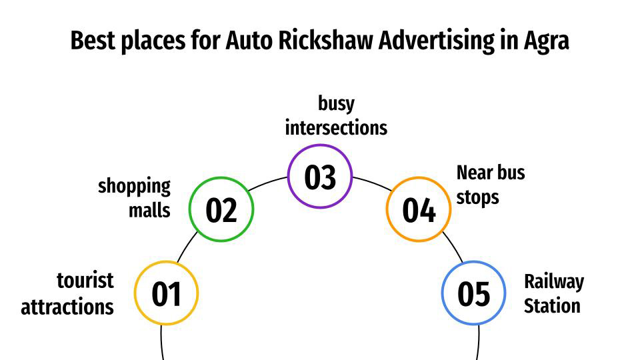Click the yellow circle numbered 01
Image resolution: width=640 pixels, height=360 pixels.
click(x=167, y=293)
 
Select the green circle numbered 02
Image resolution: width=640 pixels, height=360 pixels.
click(x=221, y=209)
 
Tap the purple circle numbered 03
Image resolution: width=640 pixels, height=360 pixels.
click(x=320, y=177)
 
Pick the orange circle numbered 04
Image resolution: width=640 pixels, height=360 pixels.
click(x=419, y=209)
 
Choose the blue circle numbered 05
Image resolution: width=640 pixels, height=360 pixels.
click(x=473, y=293)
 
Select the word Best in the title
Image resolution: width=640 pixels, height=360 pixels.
click(x=93, y=41)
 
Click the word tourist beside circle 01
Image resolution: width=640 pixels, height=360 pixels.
click(x=85, y=281)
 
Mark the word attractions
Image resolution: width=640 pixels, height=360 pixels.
click(x=67, y=306)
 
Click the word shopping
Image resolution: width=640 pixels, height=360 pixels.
click(x=134, y=186)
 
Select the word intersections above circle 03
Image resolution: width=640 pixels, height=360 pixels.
click(x=336, y=127)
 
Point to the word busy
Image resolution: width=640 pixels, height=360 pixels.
click(x=336, y=103)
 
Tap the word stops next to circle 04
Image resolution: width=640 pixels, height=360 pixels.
click(x=477, y=198)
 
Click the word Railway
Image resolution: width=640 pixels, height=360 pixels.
click(x=553, y=281)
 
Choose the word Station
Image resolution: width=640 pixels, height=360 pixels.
click(x=551, y=306)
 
